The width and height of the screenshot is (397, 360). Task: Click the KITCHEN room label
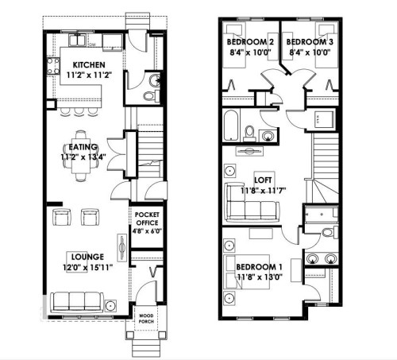coord(85,64)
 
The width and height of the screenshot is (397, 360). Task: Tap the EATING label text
coord(83,146)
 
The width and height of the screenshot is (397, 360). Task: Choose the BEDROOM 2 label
coord(248,41)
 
